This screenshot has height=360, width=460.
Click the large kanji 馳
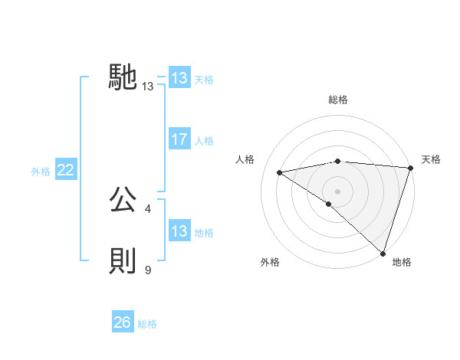[123, 77]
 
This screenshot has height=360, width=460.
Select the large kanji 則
[123, 261]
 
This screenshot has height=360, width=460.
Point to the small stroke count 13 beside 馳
[148, 87]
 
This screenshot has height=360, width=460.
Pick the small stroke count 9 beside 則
[148, 270]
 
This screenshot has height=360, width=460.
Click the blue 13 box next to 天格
[179, 78]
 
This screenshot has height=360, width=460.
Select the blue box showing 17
[179, 139]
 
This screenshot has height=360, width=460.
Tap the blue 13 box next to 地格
[179, 231]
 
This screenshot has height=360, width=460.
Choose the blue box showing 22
[66, 170]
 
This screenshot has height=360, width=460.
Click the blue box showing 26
[123, 322]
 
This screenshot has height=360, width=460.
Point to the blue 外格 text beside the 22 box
[41, 172]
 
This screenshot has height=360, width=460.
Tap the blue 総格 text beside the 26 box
[147, 324]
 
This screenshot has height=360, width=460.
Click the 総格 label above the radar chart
[337, 100]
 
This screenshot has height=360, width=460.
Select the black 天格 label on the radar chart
[431, 159]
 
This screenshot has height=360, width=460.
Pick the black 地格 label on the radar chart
[402, 262]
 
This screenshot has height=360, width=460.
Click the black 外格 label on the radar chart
[270, 262]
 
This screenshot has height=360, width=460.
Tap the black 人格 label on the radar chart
[245, 159]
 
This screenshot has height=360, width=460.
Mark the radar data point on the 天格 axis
[410, 168]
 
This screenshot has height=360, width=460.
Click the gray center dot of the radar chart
[337, 191]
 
